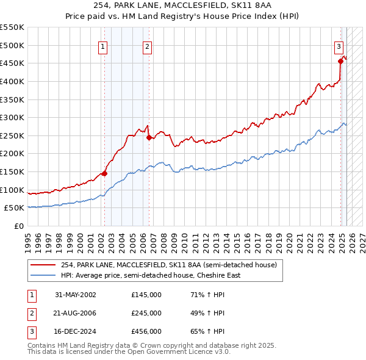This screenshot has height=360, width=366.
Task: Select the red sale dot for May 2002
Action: tap(104, 173)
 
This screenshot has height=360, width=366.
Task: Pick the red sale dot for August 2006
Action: tap(149, 137)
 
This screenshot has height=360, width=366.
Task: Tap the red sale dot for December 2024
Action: tap(340, 60)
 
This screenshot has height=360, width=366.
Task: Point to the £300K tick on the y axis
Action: tap(13, 117)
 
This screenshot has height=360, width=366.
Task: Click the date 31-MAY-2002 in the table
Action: tap(76, 295)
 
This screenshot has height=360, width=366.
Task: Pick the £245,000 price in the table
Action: tap(146, 313)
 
